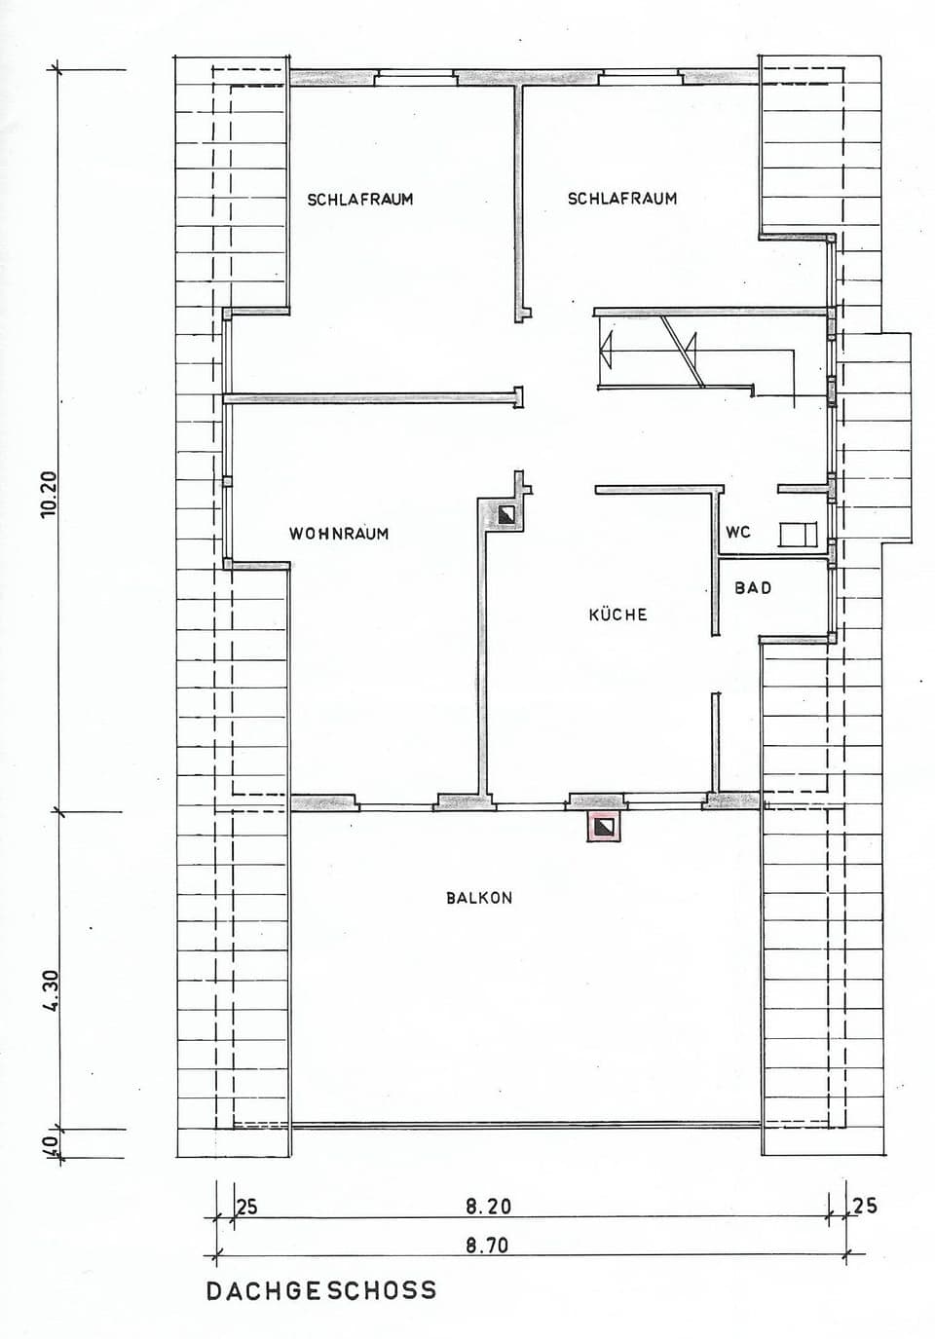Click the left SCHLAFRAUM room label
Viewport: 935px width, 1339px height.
360,200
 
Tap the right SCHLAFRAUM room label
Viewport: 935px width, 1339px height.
622,199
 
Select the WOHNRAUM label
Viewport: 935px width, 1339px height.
339,534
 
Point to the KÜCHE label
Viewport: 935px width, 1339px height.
617,614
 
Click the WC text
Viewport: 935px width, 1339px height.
738,533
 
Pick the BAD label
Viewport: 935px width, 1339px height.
753,588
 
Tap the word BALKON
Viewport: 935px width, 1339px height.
479,898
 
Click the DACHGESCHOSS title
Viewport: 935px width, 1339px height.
321,1291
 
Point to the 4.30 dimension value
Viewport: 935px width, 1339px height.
51,991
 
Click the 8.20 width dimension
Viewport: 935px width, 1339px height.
488,1207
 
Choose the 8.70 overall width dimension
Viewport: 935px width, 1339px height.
487,1246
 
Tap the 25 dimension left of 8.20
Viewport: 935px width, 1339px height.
247,1208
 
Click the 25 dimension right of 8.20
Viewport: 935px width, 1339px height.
865,1206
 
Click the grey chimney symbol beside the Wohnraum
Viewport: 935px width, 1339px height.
505,514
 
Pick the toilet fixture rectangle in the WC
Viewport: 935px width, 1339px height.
798,535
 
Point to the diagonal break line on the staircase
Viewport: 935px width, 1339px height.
682,352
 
